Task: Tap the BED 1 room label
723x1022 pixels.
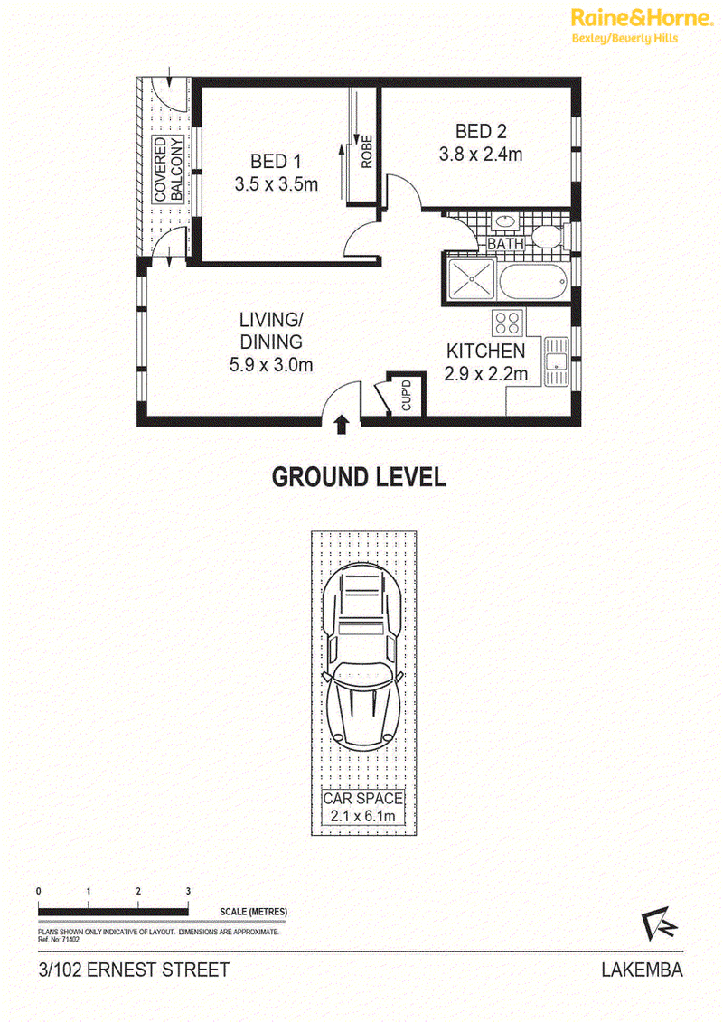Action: pyautogui.click(x=276, y=162)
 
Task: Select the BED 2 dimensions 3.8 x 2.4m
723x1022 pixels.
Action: pyautogui.click(x=481, y=155)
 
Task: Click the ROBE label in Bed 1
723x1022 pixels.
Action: pyautogui.click(x=366, y=151)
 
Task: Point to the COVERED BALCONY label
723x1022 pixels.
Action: pyautogui.click(x=168, y=169)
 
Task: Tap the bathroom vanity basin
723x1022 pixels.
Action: pyautogui.click(x=505, y=222)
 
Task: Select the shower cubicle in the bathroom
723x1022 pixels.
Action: pyautogui.click(x=472, y=278)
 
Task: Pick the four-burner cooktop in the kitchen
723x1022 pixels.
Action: pyautogui.click(x=508, y=323)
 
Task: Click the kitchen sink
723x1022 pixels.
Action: pyautogui.click(x=556, y=361)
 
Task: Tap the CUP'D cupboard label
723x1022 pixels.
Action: pyautogui.click(x=406, y=396)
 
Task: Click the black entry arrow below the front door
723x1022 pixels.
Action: pyautogui.click(x=341, y=425)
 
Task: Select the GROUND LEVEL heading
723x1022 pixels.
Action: pyautogui.click(x=359, y=477)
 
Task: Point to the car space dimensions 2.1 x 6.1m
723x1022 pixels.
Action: pyautogui.click(x=362, y=816)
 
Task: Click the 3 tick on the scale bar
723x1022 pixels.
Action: pyautogui.click(x=188, y=902)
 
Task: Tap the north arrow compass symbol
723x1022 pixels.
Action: pyautogui.click(x=659, y=924)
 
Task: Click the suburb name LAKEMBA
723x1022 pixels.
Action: pyautogui.click(x=643, y=970)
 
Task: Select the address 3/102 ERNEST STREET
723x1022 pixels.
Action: pyautogui.click(x=135, y=970)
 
